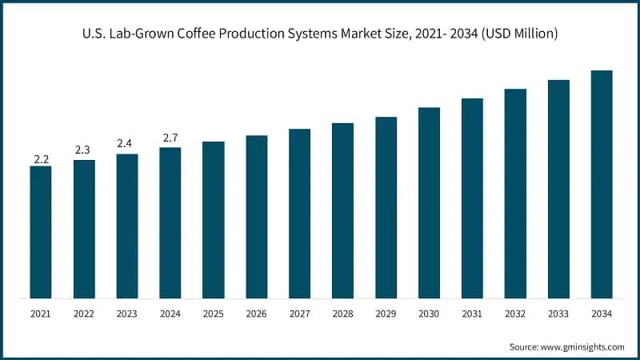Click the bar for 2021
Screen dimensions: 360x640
[41, 232]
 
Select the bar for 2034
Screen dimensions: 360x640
[602, 184]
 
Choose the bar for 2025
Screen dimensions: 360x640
[213, 220]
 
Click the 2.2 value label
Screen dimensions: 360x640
[41, 159]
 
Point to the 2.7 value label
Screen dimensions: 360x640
[170, 139]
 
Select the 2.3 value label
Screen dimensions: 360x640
[84, 150]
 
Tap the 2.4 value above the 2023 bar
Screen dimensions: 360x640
[127, 144]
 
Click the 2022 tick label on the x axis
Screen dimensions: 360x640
[84, 314]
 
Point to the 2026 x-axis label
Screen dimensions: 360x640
[256, 314]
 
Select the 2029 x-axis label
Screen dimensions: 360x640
[386, 314]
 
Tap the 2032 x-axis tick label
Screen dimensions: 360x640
[515, 314]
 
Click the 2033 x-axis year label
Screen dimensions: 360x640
[558, 314]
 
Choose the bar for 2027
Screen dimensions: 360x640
[299, 214]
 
